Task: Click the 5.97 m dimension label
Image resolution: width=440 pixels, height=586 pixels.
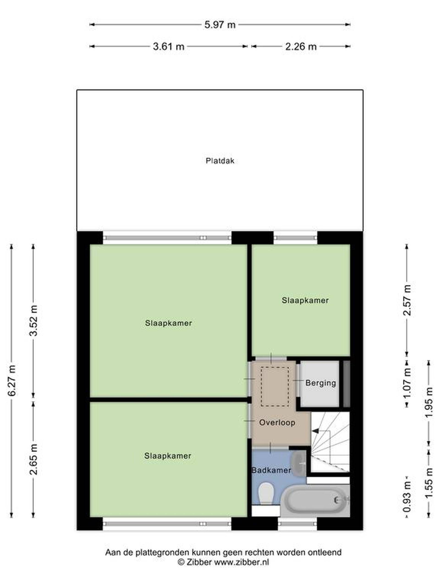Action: click(220, 25)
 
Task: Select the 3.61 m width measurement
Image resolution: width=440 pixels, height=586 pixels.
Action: click(169, 47)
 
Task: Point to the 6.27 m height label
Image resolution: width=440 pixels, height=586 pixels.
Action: click(12, 380)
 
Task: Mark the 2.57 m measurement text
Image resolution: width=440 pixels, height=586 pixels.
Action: click(407, 300)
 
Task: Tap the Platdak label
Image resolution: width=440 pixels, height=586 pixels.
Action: click(220, 161)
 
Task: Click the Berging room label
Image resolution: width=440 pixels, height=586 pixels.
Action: click(321, 383)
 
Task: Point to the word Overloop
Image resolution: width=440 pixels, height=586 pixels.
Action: click(277, 422)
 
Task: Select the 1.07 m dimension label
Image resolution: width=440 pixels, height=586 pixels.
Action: click(407, 383)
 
